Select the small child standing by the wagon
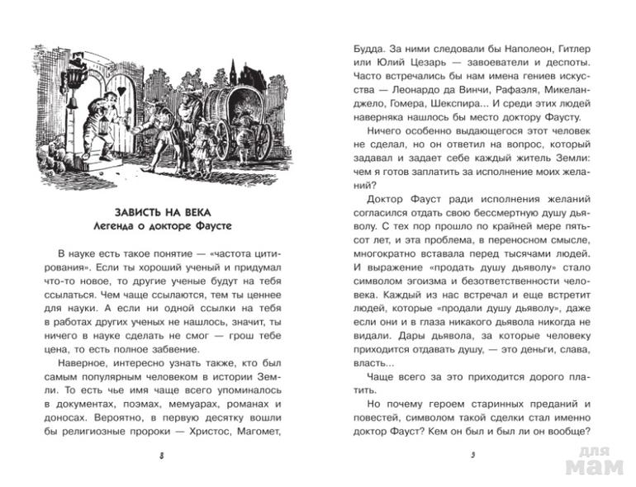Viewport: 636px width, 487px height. [201, 149]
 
